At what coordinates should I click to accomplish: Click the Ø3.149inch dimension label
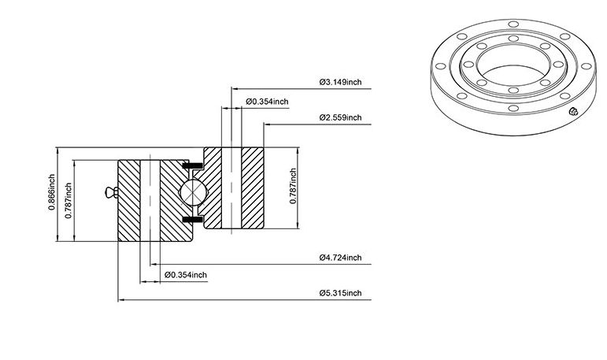pos(341,82)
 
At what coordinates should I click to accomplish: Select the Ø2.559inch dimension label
pos(341,117)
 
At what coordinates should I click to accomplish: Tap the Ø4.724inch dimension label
pos(341,258)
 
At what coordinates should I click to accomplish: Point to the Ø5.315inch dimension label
pos(341,293)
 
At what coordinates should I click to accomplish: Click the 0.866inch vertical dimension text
pos(51,192)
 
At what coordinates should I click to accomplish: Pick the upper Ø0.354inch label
pos(267,102)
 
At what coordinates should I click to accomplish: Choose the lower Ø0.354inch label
pos(186,275)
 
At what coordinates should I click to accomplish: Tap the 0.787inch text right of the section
pos(293,186)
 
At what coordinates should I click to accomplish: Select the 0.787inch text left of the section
pos(68,200)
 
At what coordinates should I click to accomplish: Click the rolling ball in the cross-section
pos(192,192)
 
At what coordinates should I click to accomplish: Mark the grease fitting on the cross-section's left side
pos(111,192)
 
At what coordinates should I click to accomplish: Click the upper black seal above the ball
pos(192,166)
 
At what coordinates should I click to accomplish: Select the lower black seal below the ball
pos(192,220)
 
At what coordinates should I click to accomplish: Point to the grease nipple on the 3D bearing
pos(573,112)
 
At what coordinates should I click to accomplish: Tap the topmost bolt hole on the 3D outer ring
pos(513,24)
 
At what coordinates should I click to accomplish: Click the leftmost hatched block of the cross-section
pos(129,200)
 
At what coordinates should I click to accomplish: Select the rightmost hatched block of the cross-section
pos(253,188)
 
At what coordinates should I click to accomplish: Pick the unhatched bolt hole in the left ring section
pos(150,200)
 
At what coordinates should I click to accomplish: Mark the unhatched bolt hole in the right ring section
pos(231,188)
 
